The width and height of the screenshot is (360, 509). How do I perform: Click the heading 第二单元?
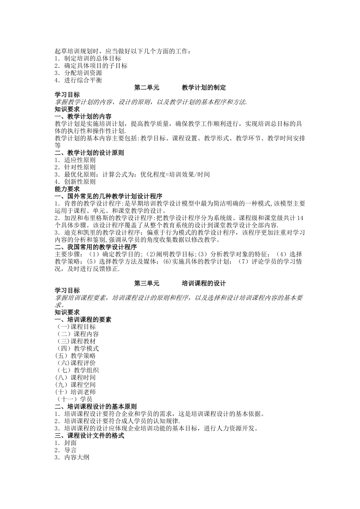(x=147, y=87)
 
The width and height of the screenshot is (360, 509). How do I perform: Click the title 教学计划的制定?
(x=204, y=87)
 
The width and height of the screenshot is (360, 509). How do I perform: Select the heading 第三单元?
(x=147, y=283)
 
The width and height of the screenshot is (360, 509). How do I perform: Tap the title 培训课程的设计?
(x=204, y=283)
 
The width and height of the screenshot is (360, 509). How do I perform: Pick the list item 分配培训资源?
(x=83, y=73)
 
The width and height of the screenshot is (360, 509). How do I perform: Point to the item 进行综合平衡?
(x=83, y=80)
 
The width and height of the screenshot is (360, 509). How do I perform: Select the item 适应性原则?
(x=80, y=160)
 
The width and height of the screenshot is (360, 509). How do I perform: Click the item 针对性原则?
(x=80, y=167)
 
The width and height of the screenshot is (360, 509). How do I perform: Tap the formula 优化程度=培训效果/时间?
(x=175, y=174)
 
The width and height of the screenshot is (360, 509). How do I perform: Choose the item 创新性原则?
(x=80, y=181)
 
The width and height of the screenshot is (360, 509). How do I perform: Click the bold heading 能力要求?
(x=67, y=189)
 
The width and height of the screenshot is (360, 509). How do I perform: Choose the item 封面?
(x=70, y=443)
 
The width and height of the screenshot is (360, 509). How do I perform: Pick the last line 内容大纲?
(x=77, y=457)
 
